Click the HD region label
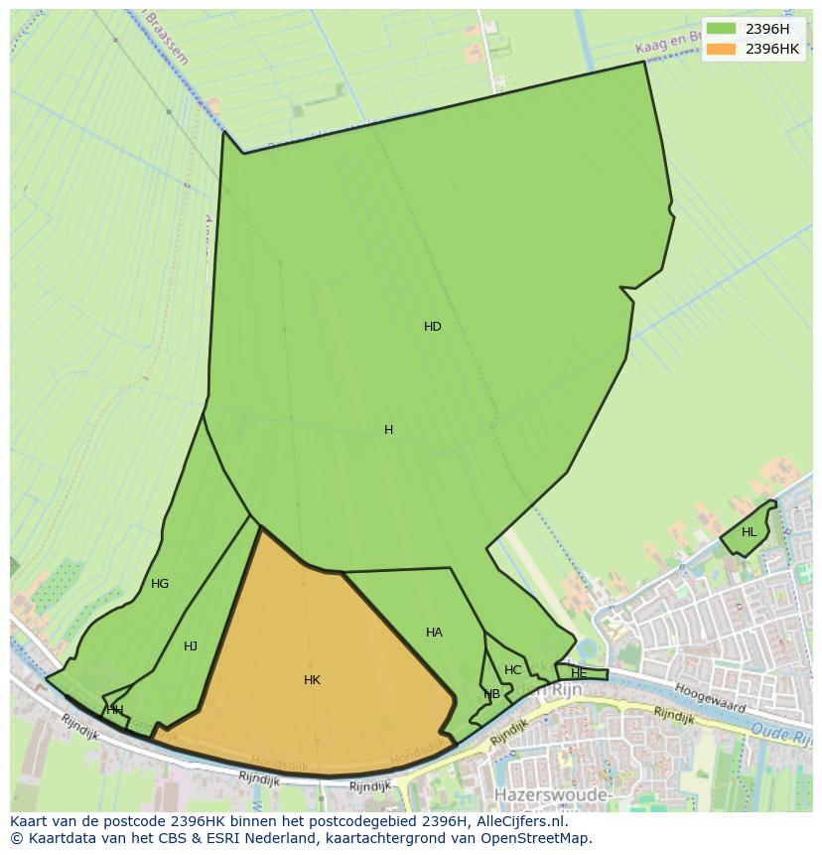432,327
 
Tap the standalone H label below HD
388,430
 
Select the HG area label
159,584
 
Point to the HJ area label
190,646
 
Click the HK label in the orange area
312,680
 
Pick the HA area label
434,633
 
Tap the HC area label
512,670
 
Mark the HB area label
491,694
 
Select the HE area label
579,673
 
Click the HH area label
115,710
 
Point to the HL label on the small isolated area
749,532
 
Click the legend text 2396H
767,28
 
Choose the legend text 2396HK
772,49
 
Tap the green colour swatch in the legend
721,28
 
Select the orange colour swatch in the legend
721,49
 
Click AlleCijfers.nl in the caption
516,821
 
